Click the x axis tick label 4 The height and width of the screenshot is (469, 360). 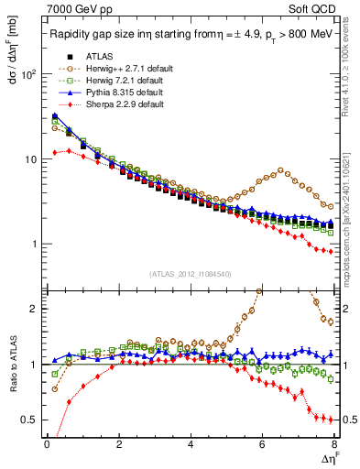191,444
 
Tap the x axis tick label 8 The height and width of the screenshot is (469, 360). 333,444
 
